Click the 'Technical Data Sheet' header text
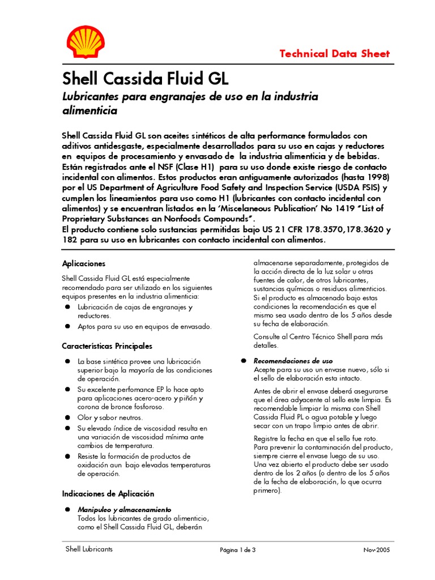pos(335,54)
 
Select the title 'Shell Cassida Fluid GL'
pos(145,78)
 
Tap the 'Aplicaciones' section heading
pos(83,263)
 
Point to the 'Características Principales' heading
pos(107,346)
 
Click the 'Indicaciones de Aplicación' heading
pos(108,493)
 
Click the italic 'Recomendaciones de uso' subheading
pos(293,361)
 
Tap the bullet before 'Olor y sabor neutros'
pos(67,417)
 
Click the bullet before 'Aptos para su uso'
pos(67,327)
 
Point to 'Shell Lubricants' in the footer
pos(89,549)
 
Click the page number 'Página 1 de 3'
pos(238,549)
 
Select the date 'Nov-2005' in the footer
pos(377,549)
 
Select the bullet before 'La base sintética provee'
pos(67,361)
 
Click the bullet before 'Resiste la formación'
pos(67,456)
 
